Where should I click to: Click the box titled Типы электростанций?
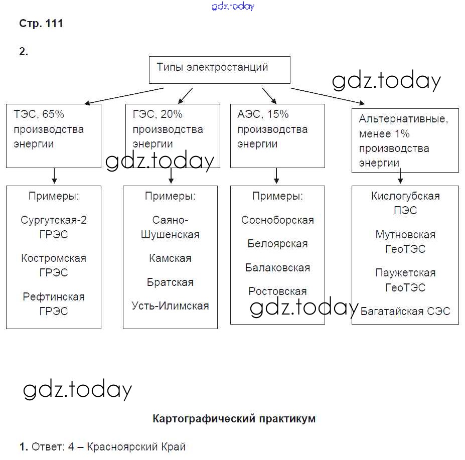(219, 69)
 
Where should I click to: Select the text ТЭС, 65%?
(39, 114)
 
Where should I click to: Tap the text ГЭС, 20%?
(158, 114)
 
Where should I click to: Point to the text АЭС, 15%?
(263, 114)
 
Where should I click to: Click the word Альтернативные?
(403, 119)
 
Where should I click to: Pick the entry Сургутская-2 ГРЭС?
(54, 227)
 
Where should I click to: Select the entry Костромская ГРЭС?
(54, 265)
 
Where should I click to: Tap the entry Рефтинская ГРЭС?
(54, 303)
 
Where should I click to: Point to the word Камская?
(170, 258)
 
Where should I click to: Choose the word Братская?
(170, 282)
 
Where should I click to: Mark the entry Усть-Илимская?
(170, 305)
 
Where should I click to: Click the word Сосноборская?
(277, 220)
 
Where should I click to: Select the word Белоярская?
(277, 244)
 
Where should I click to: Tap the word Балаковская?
(277, 268)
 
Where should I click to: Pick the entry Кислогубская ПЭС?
(405, 203)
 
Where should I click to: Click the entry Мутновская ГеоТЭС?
(405, 242)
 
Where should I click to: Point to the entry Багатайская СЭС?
(405, 311)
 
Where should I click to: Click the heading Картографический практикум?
(234, 418)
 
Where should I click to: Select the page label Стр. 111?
(41, 24)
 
